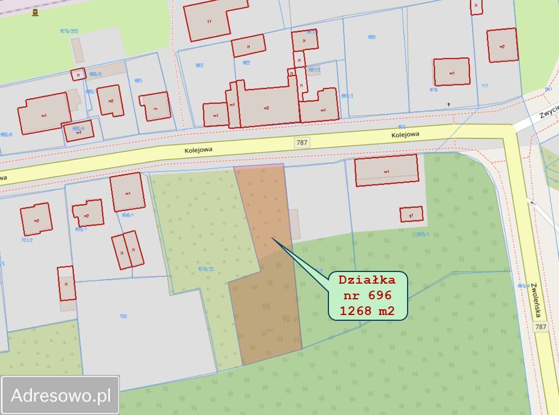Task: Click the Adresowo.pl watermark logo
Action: coord(61,395)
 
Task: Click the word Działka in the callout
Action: coord(367,280)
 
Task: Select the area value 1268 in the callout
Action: coord(355,311)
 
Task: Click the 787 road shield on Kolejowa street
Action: coord(302,142)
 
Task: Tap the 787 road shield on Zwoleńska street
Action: coord(541,327)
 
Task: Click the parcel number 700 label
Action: coord(123,316)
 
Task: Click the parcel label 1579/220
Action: coord(69,31)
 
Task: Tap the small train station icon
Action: coord(35,12)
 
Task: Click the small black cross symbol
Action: coord(448,105)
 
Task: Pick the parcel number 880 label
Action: coord(372,37)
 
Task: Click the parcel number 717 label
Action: coord(484,86)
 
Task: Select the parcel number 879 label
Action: coord(433,90)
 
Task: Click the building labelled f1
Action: coord(209,20)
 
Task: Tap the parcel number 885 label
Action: coord(138,80)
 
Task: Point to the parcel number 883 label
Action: coord(200,66)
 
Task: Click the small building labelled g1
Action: coord(411,214)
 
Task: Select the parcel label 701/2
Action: coord(26,239)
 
